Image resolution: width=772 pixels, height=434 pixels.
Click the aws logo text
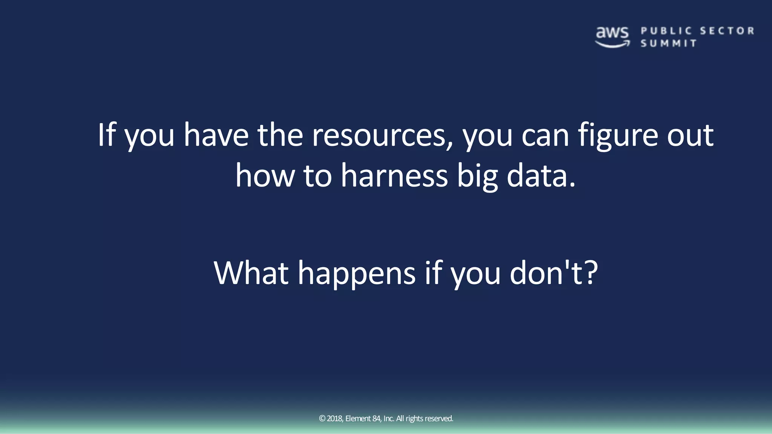(x=612, y=33)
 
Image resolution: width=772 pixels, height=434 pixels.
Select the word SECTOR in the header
(x=727, y=31)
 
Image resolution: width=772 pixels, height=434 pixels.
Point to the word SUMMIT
(x=668, y=44)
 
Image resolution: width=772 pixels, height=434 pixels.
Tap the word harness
(x=394, y=176)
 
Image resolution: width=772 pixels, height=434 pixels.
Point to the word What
(x=251, y=273)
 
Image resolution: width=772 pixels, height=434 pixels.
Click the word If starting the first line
(x=106, y=135)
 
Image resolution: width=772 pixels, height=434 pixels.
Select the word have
(x=216, y=135)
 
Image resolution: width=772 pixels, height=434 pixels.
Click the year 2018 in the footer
(x=335, y=419)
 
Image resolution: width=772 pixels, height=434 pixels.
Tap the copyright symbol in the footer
(x=322, y=419)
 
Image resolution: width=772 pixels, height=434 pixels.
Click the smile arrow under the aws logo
(x=612, y=45)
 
